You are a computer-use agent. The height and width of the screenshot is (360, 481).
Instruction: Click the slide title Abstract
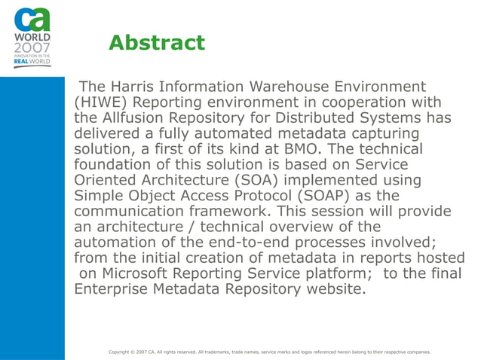156,43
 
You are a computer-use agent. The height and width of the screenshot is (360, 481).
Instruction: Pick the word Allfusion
135,119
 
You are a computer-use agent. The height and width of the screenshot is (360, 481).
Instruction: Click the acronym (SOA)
263,181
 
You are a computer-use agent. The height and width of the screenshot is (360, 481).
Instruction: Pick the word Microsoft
141,273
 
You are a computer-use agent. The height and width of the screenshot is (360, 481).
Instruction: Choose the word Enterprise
114,288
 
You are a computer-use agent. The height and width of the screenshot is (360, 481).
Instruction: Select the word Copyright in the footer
124,352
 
